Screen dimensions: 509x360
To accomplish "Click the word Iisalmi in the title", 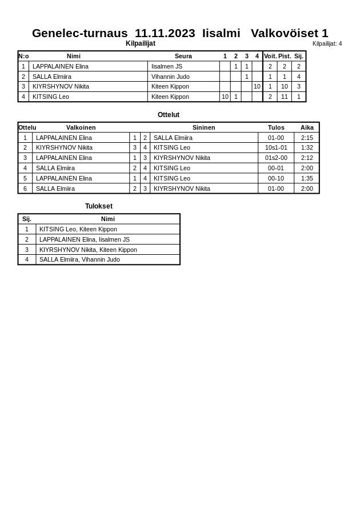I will [221, 33].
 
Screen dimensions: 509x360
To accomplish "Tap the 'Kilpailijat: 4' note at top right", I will [327, 43].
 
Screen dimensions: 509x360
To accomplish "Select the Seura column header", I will [183, 56].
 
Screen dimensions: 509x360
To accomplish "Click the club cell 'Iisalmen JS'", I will [167, 66].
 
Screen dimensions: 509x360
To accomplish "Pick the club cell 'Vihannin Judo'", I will [170, 77].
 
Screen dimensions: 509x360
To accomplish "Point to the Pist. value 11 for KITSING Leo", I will [284, 97].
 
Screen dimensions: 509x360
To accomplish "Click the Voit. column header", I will [270, 56].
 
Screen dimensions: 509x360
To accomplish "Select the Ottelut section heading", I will [169, 115].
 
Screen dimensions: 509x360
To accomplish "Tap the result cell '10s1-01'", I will [276, 147].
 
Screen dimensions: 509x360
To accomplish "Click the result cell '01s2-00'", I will [276, 158].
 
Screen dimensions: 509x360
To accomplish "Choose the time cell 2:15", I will [307, 138].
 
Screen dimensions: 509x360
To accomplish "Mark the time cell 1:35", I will [307, 178].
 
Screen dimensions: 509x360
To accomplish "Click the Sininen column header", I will [204, 127].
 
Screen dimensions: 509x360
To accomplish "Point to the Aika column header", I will [307, 127].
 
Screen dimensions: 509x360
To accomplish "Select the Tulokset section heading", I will [99, 206].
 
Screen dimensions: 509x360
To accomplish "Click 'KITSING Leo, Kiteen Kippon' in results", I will [78, 229].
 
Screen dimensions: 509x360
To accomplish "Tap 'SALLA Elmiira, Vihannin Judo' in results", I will [79, 259].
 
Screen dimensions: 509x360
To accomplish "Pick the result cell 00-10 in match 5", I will [276, 178].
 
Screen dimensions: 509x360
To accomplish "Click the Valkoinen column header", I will [81, 127].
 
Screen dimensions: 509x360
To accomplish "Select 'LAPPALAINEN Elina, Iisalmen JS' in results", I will [85, 239].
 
